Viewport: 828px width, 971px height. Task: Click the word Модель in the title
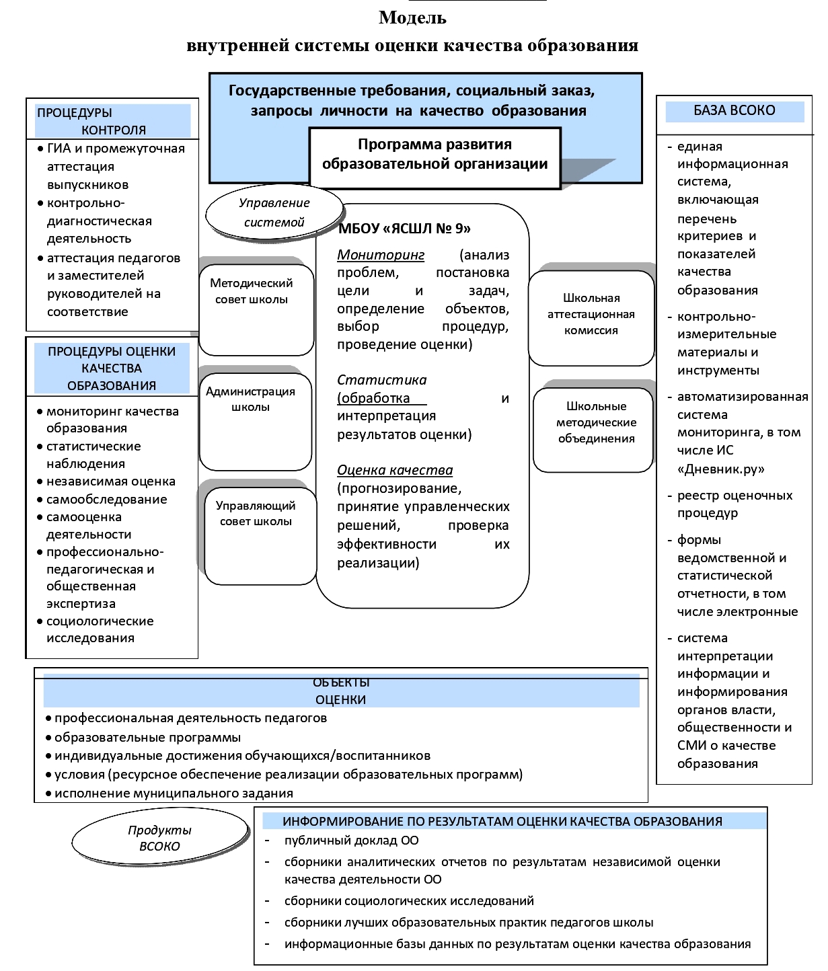[x=412, y=17]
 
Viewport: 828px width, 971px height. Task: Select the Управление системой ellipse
[x=274, y=212]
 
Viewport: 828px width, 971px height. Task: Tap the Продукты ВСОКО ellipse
[x=159, y=839]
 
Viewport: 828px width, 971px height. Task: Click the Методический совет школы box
[x=256, y=309]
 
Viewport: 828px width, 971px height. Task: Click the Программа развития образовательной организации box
[x=435, y=154]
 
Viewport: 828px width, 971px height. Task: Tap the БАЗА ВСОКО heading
[x=735, y=110]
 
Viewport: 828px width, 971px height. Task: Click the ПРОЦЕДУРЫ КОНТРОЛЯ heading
[x=112, y=121]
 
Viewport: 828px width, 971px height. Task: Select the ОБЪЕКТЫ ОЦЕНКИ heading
[x=341, y=691]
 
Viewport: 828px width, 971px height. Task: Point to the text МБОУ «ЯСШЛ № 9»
[x=404, y=229]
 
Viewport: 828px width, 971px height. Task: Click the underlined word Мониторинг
[x=381, y=255]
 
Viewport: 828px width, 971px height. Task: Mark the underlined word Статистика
[x=381, y=380]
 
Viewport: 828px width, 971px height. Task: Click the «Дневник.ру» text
[x=721, y=469]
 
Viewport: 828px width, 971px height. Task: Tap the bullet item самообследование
[x=106, y=499]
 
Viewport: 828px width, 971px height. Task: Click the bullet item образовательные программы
[x=147, y=737]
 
